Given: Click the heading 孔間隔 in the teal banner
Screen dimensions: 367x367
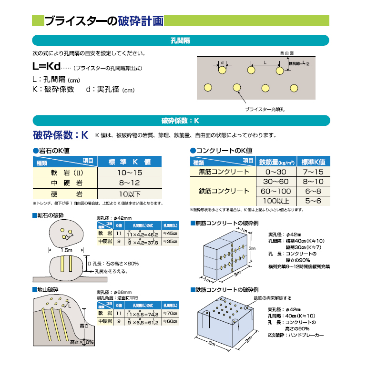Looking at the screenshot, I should (x=181, y=41).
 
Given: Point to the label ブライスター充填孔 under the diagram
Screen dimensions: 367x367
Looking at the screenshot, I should (x=265, y=109).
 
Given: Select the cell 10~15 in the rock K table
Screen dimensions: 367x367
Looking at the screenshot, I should (x=130, y=172).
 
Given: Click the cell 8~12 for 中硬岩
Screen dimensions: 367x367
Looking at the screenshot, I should (x=130, y=183).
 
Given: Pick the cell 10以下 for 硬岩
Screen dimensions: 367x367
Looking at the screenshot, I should (x=130, y=194).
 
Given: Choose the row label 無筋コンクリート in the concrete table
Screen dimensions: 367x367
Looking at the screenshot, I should (x=224, y=172).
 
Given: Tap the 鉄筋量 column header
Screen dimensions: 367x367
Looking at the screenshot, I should (x=276, y=162).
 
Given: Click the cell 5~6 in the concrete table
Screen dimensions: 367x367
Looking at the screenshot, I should (x=313, y=202).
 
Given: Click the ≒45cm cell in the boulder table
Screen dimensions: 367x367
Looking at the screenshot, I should (x=169, y=234).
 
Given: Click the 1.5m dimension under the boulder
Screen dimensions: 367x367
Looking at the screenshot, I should (x=66, y=249).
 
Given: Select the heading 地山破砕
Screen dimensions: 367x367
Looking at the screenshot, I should (x=48, y=290).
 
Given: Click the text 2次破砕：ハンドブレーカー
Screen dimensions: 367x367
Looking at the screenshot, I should (x=296, y=335).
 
